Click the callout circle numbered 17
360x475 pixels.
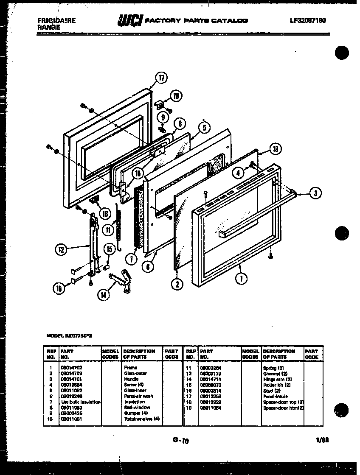point(161,78)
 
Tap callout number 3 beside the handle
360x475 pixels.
point(315,193)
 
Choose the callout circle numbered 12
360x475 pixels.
point(62,250)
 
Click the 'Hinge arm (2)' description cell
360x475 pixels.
point(277,379)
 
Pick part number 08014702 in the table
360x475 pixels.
point(70,368)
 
